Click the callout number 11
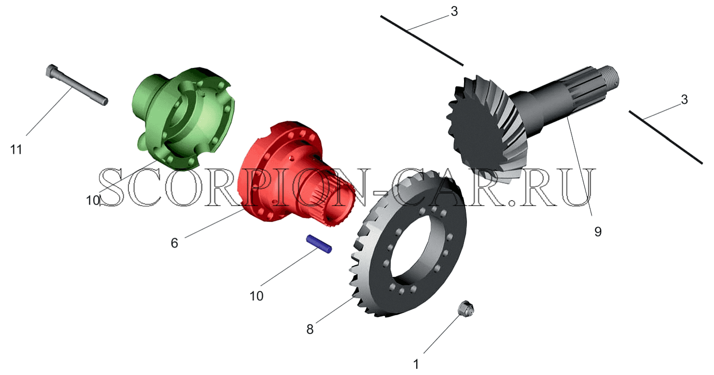[x=16, y=150]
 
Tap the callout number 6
[x=174, y=243]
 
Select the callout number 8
[x=310, y=329]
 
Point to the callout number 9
[x=598, y=232]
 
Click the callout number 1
[x=416, y=364]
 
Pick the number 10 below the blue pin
[x=256, y=296]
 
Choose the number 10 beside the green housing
[x=93, y=200]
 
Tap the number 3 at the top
[x=454, y=12]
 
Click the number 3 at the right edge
[x=684, y=100]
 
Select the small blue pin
[x=319, y=244]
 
